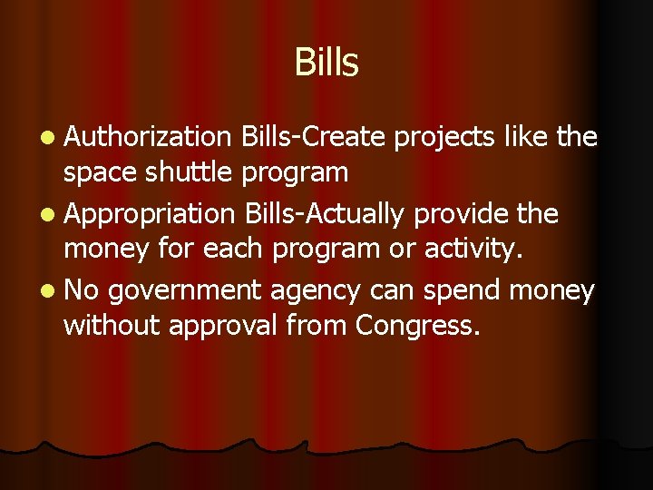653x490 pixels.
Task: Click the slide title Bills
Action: click(x=326, y=63)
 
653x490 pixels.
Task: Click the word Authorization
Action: click(x=149, y=137)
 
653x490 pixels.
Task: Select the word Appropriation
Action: click(x=150, y=214)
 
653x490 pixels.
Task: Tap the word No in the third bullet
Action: click(x=82, y=291)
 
